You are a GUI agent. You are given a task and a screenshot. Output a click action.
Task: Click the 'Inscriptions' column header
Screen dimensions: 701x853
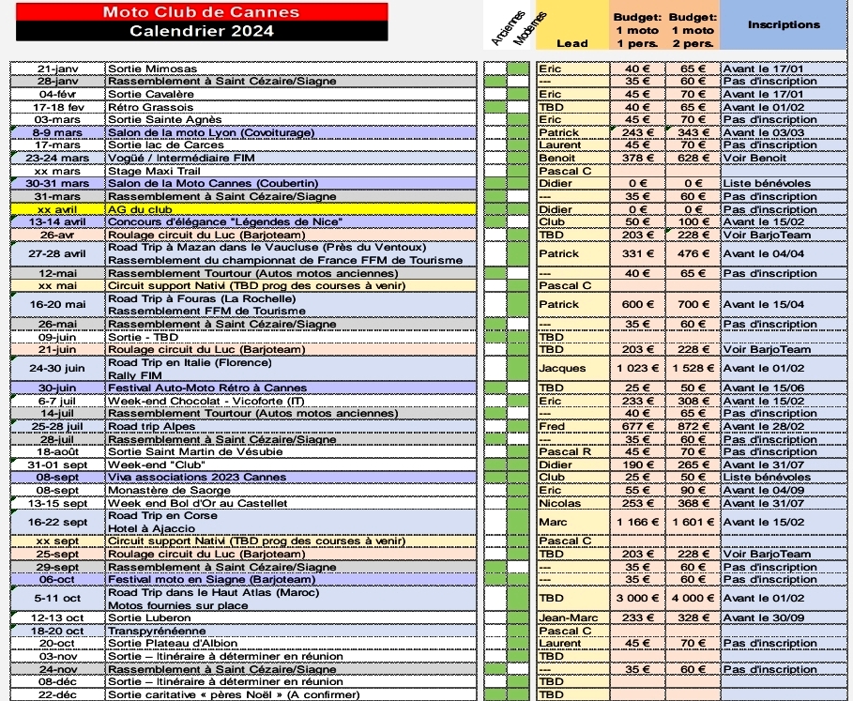tap(784, 24)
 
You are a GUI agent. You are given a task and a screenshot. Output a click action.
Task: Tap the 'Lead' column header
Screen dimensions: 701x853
tap(572, 43)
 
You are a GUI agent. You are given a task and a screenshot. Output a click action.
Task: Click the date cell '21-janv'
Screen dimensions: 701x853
tap(57, 69)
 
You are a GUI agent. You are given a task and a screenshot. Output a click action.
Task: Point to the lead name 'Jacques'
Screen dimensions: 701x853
tap(561, 368)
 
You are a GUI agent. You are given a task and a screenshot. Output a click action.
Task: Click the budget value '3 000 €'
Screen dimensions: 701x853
tap(637, 598)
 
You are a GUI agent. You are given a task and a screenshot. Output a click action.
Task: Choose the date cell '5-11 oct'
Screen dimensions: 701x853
tap(57, 598)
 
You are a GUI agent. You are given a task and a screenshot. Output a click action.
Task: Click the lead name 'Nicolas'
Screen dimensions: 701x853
tap(560, 503)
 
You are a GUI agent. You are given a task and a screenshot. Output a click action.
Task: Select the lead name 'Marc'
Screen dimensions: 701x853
tap(554, 522)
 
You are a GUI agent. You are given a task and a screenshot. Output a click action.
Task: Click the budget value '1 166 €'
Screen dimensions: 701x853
tap(637, 522)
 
